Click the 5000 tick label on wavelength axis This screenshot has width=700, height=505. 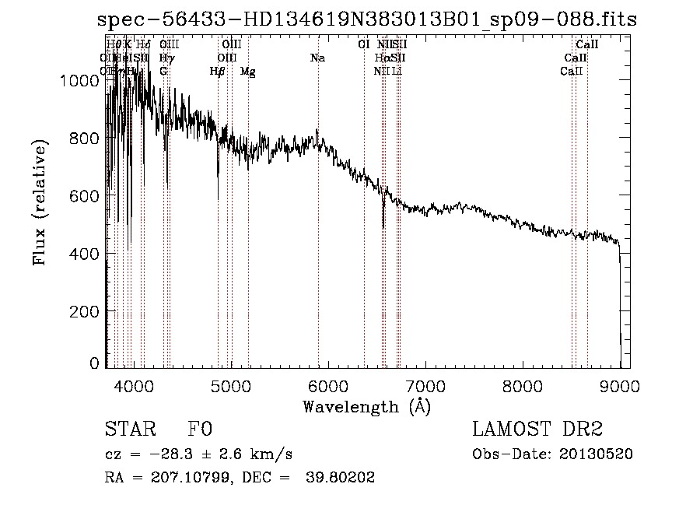click(231, 386)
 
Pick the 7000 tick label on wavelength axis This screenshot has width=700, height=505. click(425, 386)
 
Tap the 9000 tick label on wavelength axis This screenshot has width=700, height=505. click(620, 386)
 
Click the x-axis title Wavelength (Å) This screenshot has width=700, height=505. click(366, 406)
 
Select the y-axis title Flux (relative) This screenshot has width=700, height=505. click(40, 202)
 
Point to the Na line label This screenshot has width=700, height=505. click(317, 58)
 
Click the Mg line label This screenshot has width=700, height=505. click(248, 72)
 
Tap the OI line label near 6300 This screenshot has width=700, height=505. click(363, 44)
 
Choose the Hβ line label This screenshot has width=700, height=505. click(218, 72)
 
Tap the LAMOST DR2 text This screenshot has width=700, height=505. click(537, 430)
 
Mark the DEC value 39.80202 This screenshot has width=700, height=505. click(343, 478)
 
